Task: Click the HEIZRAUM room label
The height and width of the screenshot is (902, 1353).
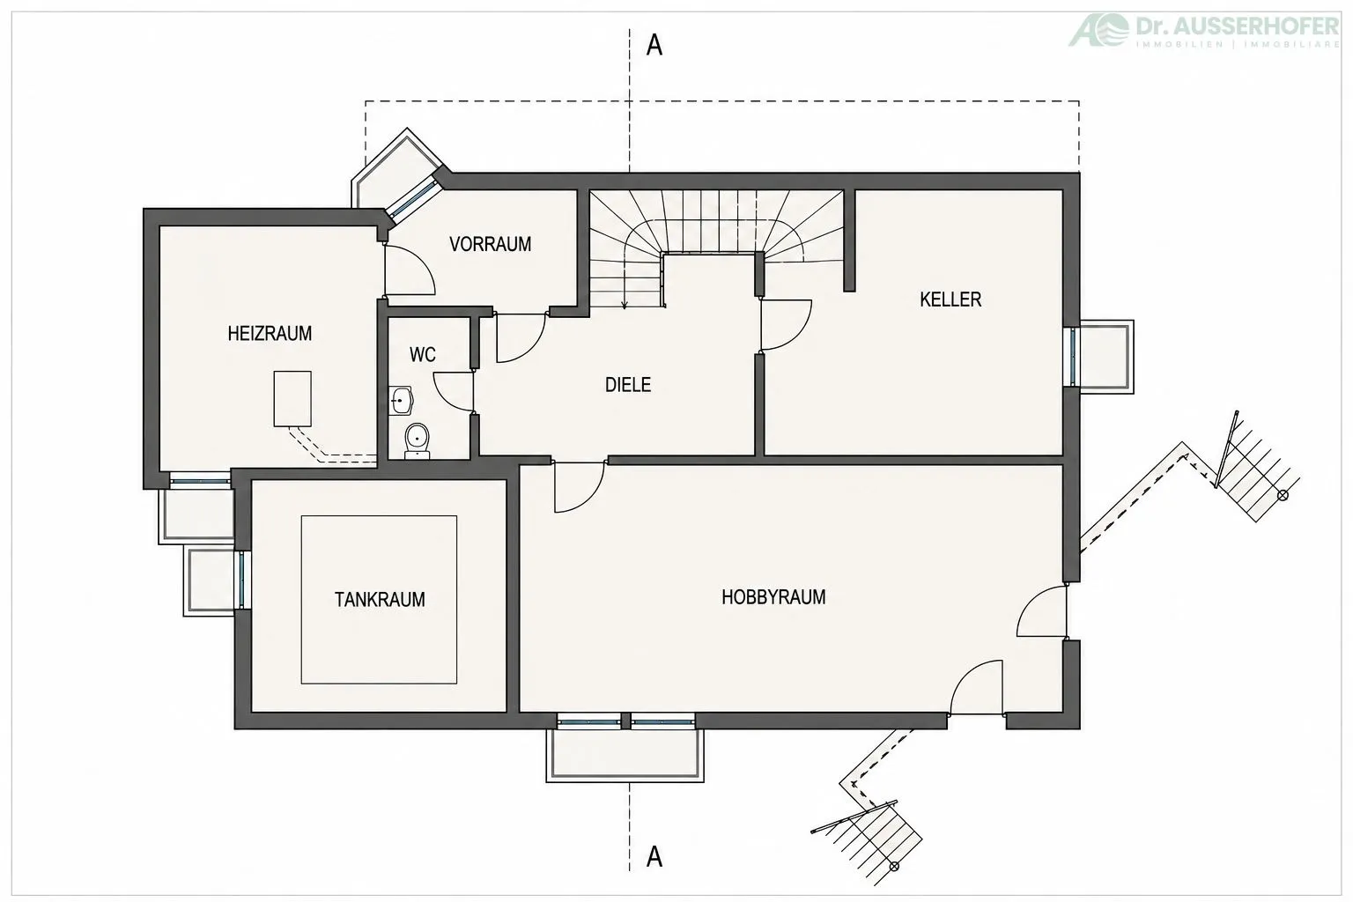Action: coord(270,334)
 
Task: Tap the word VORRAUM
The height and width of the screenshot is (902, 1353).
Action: coord(490,244)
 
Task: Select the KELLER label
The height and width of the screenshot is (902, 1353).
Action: coord(950,299)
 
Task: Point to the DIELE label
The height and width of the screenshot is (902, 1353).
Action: coord(628,385)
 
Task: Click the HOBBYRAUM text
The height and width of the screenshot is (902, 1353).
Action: coord(773,597)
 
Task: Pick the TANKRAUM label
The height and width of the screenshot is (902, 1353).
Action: coord(380,600)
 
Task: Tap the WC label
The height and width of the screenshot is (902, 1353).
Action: coord(422,355)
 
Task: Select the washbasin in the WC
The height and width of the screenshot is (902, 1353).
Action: coord(401,400)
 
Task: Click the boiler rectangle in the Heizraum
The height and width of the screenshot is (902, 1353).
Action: coord(292,399)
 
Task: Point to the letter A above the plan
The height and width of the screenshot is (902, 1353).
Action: coord(654,46)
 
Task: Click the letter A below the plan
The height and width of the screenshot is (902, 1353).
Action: coord(654,857)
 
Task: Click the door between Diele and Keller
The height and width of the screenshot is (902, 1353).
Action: coord(785,324)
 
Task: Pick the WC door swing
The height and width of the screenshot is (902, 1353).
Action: coord(453,391)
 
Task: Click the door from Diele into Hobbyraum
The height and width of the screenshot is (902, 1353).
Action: coord(580,487)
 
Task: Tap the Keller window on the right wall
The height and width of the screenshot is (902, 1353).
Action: coord(1072,357)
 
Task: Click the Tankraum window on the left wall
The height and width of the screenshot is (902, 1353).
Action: coord(241,580)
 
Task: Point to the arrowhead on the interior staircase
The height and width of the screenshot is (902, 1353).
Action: coord(625,305)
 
